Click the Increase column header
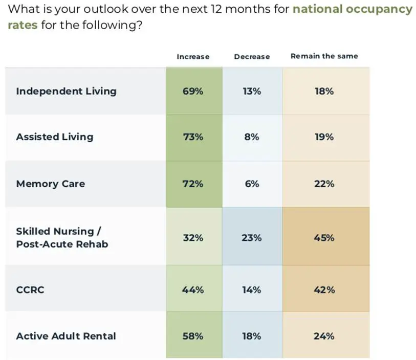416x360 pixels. coord(193,57)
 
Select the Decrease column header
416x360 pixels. coord(252,57)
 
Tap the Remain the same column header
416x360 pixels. coord(324,56)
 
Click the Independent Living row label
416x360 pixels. coord(66,92)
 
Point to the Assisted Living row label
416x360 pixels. coord(55,137)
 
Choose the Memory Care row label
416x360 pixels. coord(50,184)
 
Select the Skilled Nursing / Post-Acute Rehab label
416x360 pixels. coord(62,237)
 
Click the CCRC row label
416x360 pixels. coord(30,290)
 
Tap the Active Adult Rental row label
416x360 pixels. coord(66,336)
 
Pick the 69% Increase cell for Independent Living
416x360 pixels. coord(193,92)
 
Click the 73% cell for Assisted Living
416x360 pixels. coord(193,137)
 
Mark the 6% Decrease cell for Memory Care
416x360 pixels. coord(252,184)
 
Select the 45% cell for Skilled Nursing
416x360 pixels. coord(324,238)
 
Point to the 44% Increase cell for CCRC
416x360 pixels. coord(193,290)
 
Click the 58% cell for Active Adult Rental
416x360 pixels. coord(193,336)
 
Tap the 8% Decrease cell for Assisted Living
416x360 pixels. coord(252,137)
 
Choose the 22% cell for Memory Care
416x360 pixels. coord(324,184)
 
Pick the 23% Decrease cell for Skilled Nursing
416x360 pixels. coord(252,238)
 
